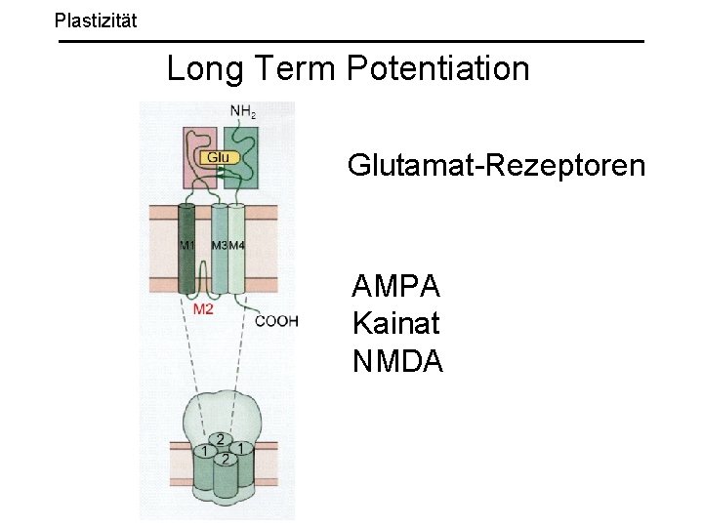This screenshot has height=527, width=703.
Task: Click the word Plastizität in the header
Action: point(96,19)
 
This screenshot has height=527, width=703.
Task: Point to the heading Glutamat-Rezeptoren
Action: point(496,165)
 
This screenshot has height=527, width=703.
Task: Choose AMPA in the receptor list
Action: point(396,287)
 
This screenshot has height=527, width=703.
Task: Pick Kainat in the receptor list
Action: point(396,324)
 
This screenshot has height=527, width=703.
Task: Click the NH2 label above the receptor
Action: point(243,111)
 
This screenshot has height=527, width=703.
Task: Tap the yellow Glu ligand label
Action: point(219,156)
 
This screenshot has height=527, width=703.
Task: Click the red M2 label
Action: point(203,310)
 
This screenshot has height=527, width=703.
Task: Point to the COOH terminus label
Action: point(275,320)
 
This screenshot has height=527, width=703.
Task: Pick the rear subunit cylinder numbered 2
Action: point(223,439)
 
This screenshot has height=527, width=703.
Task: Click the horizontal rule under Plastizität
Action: point(351,41)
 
